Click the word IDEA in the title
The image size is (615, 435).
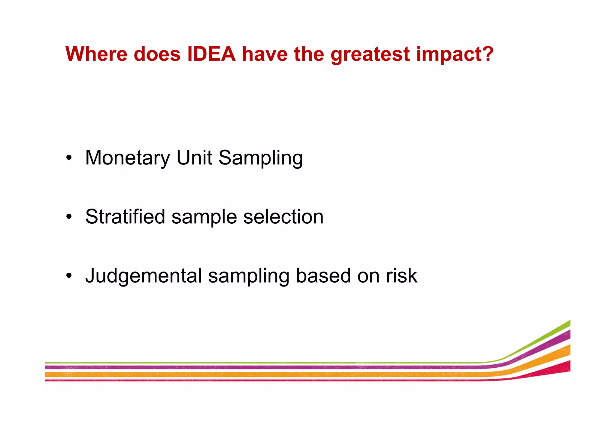tap(211, 54)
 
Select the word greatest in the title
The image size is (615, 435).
tap(370, 55)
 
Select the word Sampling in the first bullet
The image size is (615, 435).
tap(260, 158)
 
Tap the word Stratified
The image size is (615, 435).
tap(125, 216)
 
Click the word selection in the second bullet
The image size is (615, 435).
tap(283, 216)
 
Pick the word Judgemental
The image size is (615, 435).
tap(144, 276)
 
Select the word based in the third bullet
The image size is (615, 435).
tap(323, 275)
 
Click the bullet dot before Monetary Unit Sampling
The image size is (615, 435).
tap(69, 158)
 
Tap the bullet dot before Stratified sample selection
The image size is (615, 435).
tap(69, 217)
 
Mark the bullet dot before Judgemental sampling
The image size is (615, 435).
tap(69, 276)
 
